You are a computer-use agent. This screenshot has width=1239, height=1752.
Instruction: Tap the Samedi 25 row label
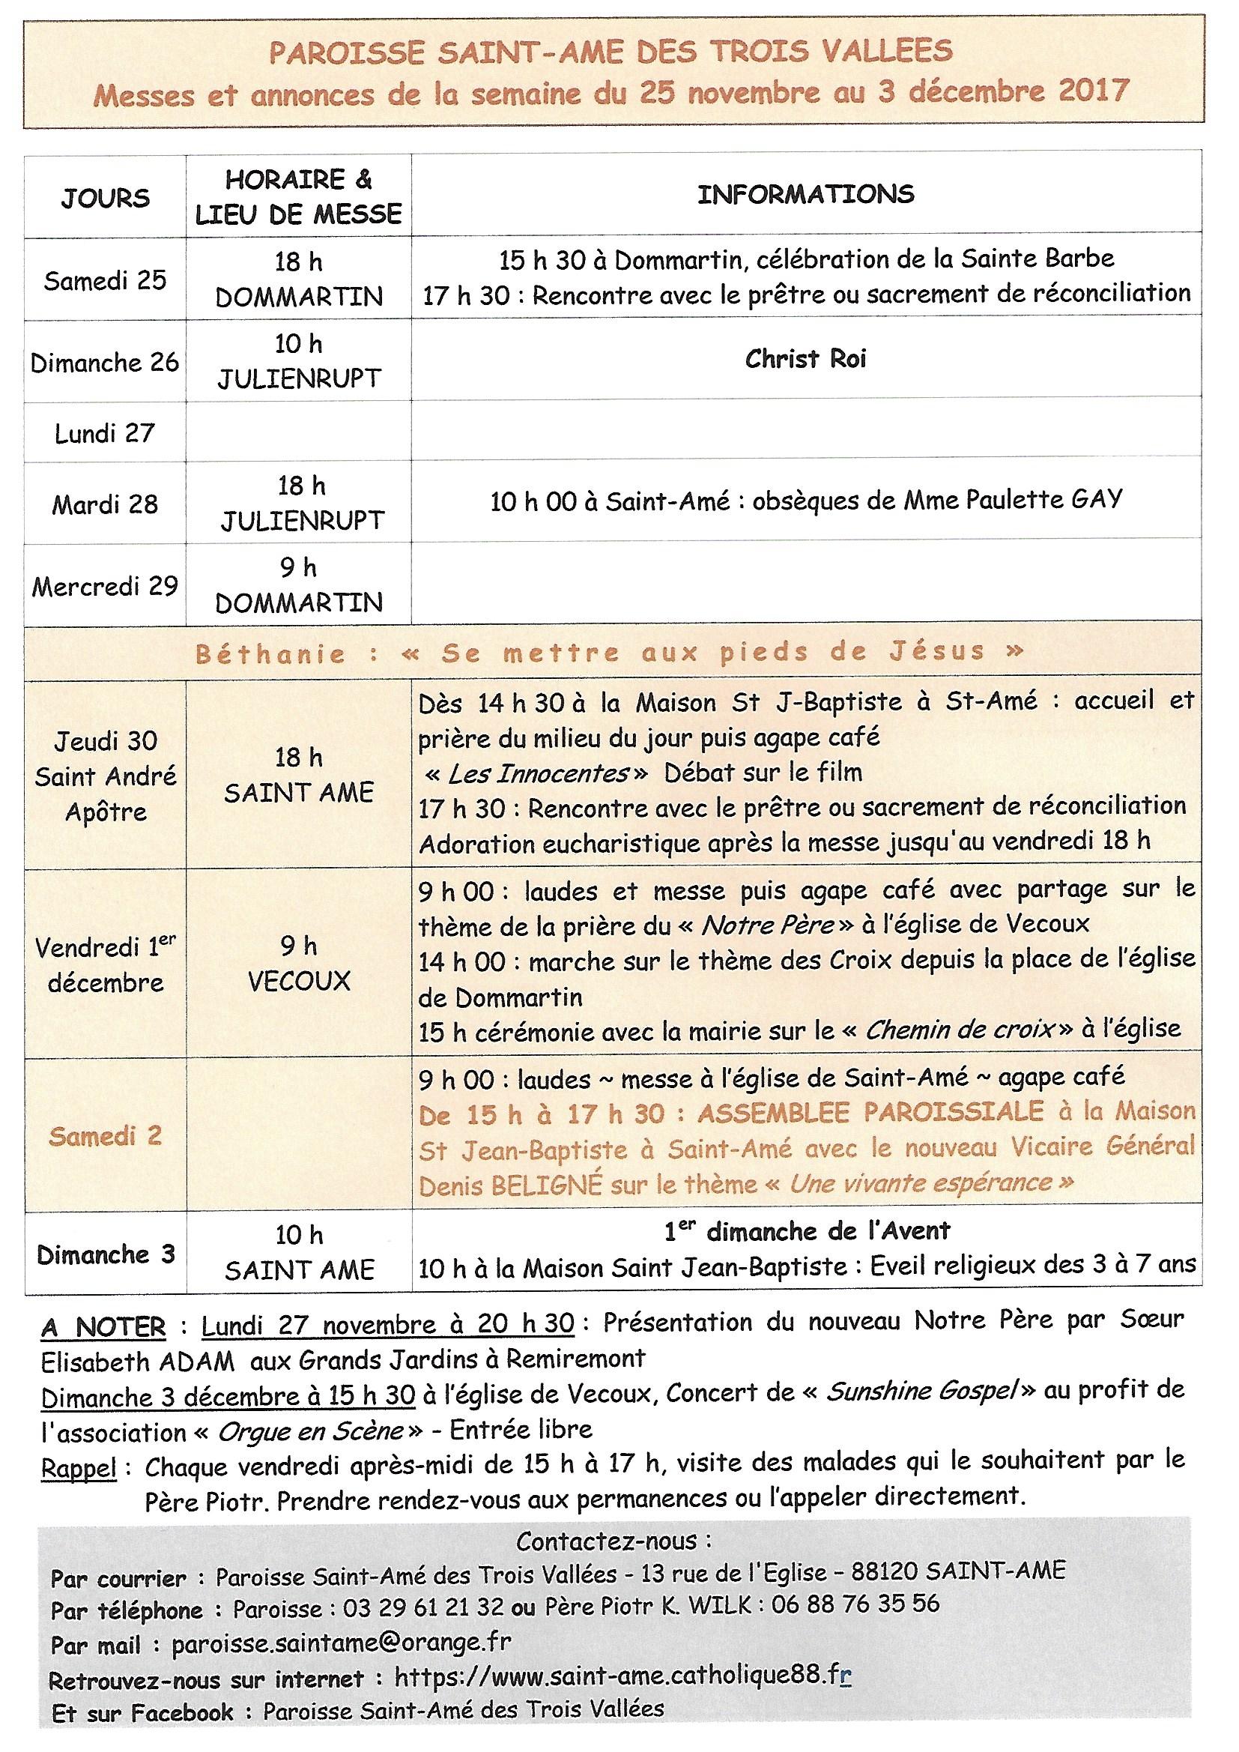coord(105,280)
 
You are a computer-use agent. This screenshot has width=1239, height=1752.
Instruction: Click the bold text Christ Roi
coord(806,359)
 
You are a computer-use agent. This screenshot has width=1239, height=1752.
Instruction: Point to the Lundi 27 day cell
coord(105,433)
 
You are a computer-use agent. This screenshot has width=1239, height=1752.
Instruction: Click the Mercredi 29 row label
coord(105,586)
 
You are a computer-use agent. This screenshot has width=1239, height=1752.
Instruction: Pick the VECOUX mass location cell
coord(299,981)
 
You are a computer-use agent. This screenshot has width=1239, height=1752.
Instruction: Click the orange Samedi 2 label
coord(105,1135)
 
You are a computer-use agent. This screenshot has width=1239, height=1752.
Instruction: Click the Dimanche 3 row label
coord(105,1254)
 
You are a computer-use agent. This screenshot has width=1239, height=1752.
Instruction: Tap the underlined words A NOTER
coord(103,1329)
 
